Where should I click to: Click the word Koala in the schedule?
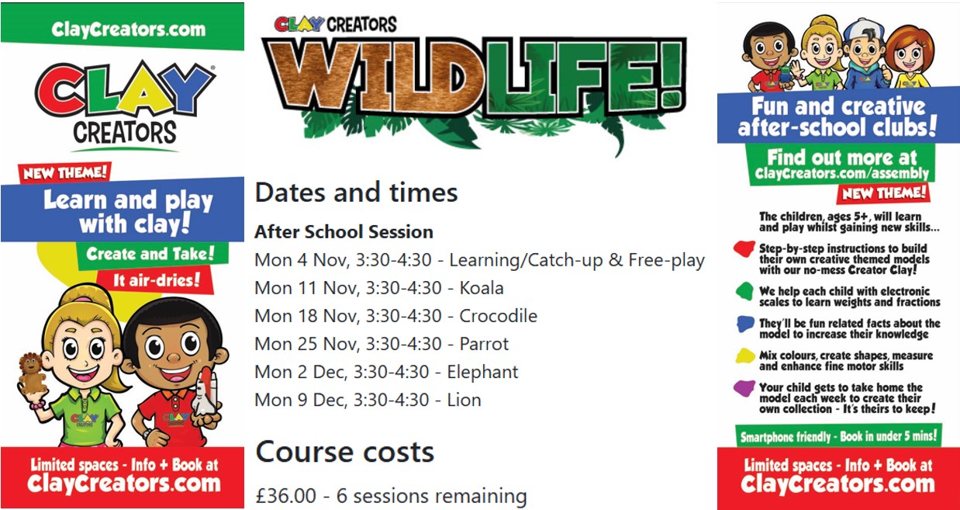pyautogui.click(x=482, y=288)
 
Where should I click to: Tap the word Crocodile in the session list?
pyautogui.click(x=498, y=316)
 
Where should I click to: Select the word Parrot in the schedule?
pyautogui.click(x=484, y=344)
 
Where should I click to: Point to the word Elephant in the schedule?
pyautogui.click(x=482, y=373)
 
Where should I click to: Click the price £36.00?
pyautogui.click(x=286, y=496)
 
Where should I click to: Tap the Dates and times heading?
pyautogui.click(x=356, y=193)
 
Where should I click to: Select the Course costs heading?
pyautogui.click(x=344, y=452)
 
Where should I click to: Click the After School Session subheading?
pyautogui.click(x=344, y=232)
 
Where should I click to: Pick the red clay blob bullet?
pyautogui.click(x=744, y=248)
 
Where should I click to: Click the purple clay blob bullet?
pyautogui.click(x=744, y=388)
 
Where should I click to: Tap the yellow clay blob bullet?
pyautogui.click(x=745, y=356)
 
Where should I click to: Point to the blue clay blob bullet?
pyautogui.click(x=745, y=324)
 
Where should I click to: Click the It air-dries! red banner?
pyautogui.click(x=156, y=280)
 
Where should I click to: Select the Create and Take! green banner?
pyautogui.click(x=151, y=254)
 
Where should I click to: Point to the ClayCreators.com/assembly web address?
pyautogui.click(x=841, y=174)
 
